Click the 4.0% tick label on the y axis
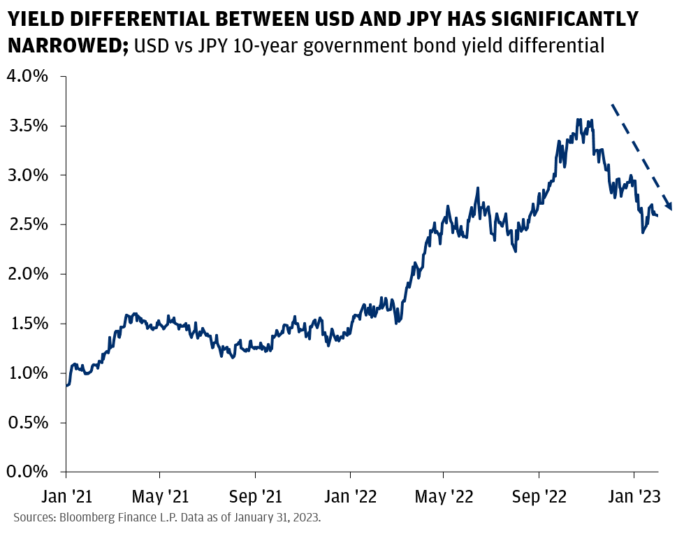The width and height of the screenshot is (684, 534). coord(27,76)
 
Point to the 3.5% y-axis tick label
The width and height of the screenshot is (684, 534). coord(27,126)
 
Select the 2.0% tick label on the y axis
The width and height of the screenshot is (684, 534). coord(27,274)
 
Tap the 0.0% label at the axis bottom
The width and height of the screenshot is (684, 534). coord(27,472)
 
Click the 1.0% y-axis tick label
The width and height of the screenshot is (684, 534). coord(27,373)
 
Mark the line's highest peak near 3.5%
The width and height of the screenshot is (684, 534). coord(579,120)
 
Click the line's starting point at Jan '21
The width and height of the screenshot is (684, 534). coord(66,385)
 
